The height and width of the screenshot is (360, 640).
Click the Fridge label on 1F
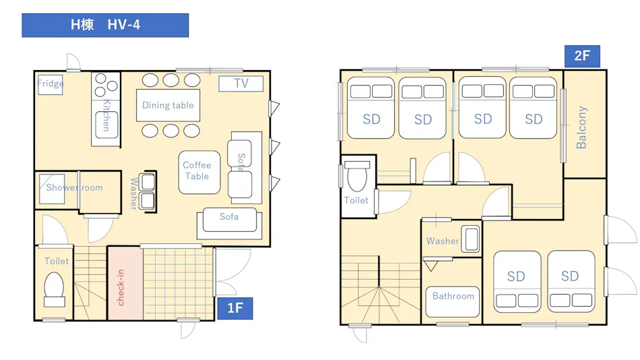tap(51, 84)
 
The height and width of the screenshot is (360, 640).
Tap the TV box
tap(241, 84)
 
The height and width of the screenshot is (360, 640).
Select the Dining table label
tap(168, 105)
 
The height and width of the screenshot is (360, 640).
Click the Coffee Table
tap(199, 172)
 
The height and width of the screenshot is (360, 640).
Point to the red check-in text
tap(121, 287)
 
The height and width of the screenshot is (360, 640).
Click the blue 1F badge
tap(234, 308)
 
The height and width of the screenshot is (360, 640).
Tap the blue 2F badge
tap(582, 56)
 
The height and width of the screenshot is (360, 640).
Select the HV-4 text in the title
tap(124, 25)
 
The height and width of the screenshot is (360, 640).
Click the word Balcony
tap(581, 127)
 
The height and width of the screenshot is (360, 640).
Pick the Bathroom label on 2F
tap(453, 296)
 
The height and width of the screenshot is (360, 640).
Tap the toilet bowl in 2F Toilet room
tap(357, 176)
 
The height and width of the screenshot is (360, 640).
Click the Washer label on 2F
tap(443, 241)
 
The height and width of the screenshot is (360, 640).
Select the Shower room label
tap(74, 187)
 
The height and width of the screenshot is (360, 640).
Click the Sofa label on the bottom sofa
tap(228, 216)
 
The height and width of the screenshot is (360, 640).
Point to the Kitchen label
tap(106, 115)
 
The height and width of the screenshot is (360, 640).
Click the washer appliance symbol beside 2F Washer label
tap(472, 239)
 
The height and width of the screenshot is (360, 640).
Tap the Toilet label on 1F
tap(57, 261)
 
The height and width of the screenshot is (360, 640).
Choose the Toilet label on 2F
tap(356, 200)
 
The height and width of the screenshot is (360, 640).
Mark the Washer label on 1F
tap(133, 193)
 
